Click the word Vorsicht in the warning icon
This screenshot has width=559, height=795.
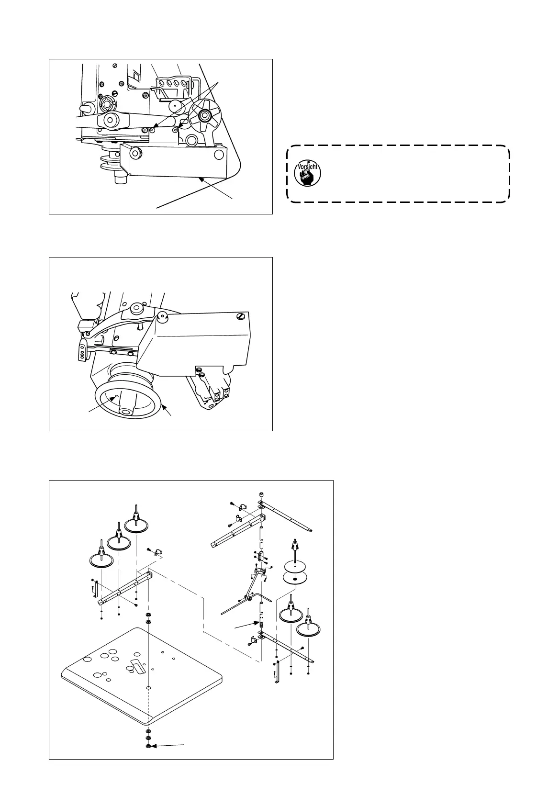coord(308,168)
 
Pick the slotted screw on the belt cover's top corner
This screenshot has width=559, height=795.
coord(240,316)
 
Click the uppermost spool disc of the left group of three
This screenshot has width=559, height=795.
coord(136,526)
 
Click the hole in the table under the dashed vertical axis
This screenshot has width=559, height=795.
coord(149,687)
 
